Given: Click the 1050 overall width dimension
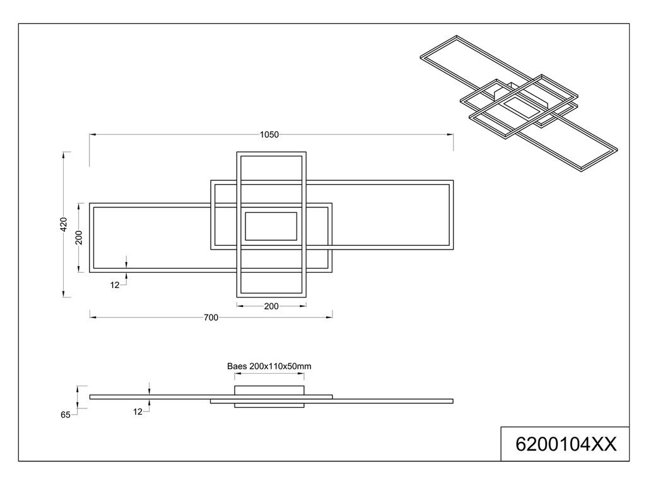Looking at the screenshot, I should point(269,134).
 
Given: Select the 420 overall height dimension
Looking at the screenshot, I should point(63,225).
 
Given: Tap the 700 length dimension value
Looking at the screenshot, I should point(211,318).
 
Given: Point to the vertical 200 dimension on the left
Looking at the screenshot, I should point(79,237).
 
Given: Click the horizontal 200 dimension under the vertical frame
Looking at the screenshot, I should point(271,306).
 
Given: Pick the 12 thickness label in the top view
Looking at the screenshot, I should point(115,285).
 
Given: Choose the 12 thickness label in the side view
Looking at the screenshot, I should point(138,412).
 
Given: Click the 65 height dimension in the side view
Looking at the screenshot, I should point(66,415).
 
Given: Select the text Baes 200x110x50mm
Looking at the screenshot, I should point(269,366).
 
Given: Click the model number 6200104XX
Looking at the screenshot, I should point(565,444).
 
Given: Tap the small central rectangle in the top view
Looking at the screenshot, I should point(270,226).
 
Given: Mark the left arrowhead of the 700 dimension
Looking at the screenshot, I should point(92,318).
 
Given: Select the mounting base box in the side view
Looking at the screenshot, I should point(269,391).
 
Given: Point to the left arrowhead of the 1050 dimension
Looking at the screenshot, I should point(92,134).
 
